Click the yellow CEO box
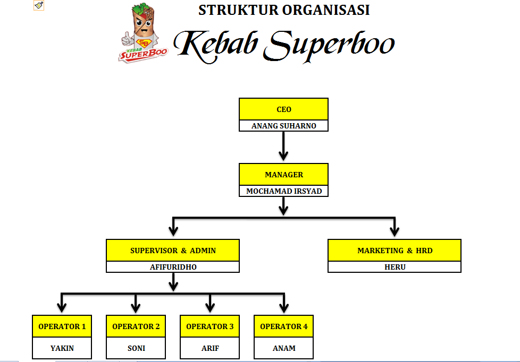coord(283,109)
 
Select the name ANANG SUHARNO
coord(283,126)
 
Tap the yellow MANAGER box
coord(283,175)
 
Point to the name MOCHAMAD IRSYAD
coord(283,191)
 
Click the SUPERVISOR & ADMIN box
coord(173,251)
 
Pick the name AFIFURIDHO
coord(173,267)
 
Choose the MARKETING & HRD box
coord(394,251)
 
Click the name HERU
coord(394,267)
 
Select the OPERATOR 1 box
coord(62,326)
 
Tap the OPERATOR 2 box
coord(136,326)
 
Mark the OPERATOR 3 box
coord(209,326)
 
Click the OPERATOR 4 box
coord(283,326)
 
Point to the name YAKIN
coord(62,348)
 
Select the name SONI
coord(136,348)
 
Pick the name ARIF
coord(209,348)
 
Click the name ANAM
coord(283,348)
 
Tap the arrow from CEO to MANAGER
coord(283,145)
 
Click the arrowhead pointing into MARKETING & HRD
coord(394,231)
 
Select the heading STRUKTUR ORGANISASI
coord(284,10)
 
